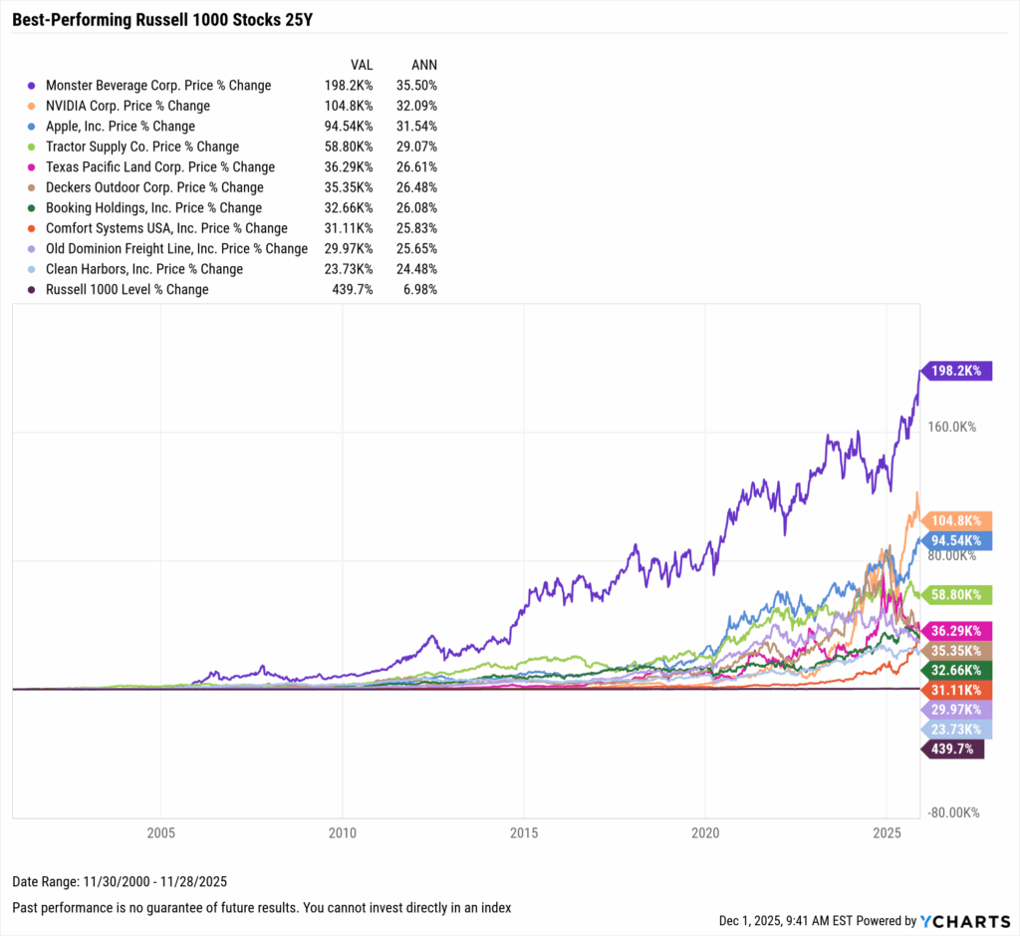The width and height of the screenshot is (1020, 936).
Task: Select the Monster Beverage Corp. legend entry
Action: [x=157, y=85]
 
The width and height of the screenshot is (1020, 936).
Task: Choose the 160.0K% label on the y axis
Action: [x=951, y=427]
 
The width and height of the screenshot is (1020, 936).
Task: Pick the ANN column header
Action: [x=423, y=65]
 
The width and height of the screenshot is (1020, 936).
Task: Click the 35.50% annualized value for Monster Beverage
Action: [x=416, y=85]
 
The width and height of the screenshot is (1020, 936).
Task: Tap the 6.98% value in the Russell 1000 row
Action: [x=419, y=289]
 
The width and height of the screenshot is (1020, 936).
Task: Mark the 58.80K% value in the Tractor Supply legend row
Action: [x=349, y=147]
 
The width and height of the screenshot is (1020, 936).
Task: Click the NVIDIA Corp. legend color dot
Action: [x=33, y=106]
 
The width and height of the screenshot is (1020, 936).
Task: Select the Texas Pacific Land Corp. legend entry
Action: [x=159, y=166]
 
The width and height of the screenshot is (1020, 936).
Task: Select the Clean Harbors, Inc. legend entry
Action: [x=143, y=269]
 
